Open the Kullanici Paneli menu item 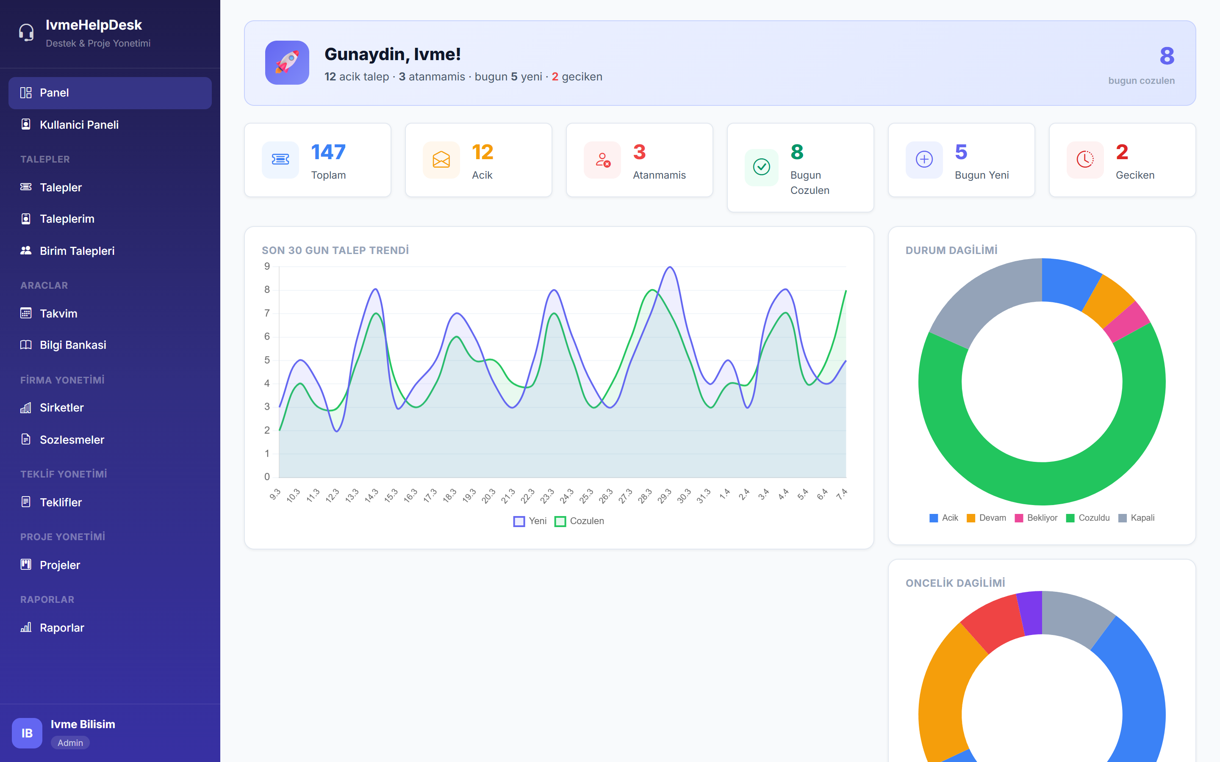click(x=79, y=124)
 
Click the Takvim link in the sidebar click(x=58, y=313)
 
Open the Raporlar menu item click(x=61, y=628)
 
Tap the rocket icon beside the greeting click(x=287, y=63)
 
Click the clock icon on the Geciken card click(x=1085, y=160)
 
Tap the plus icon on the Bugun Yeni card click(x=923, y=160)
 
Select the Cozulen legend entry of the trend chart click(x=580, y=521)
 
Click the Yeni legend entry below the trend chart click(x=530, y=521)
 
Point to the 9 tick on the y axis click(x=267, y=266)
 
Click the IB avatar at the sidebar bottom click(x=27, y=733)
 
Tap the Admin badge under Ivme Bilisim click(x=70, y=743)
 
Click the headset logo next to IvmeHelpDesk click(x=26, y=33)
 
